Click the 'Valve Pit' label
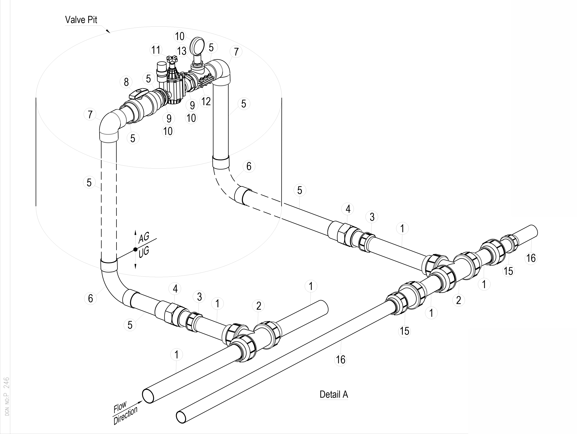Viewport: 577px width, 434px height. (81, 20)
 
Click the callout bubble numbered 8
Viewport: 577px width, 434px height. (126, 82)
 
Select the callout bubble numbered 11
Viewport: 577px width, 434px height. (156, 50)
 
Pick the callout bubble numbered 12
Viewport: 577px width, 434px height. (206, 101)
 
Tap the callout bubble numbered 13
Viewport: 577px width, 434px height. (182, 51)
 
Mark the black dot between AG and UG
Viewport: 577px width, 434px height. (135, 249)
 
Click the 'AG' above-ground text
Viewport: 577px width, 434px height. (144, 238)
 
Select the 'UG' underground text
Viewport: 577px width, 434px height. (144, 253)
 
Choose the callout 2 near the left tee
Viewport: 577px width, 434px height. (259, 306)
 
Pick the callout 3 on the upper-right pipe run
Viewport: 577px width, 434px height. (372, 217)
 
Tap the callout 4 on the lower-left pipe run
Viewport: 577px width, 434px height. (175, 289)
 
